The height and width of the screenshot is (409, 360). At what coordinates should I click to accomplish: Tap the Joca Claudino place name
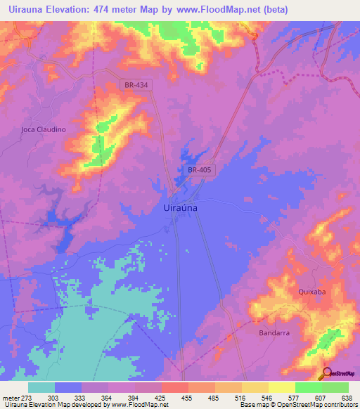click(43, 129)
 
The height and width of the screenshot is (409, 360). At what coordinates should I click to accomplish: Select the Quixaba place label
click(312, 292)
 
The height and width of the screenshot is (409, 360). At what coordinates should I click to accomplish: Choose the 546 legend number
click(267, 397)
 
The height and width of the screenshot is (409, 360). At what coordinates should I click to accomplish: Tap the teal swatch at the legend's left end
click(41, 387)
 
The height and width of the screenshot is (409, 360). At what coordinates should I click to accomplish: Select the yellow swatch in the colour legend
click(281, 387)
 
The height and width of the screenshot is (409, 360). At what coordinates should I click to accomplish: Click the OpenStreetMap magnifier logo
click(327, 373)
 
